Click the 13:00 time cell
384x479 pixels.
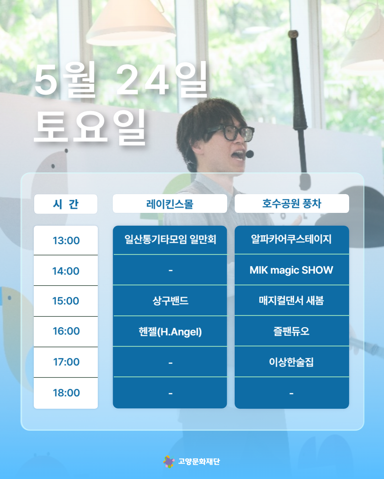pyautogui.click(x=66, y=241)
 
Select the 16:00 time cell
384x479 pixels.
pyautogui.click(x=66, y=331)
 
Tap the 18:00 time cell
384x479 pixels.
pyautogui.click(x=66, y=393)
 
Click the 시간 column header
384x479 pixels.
pyautogui.click(x=65, y=204)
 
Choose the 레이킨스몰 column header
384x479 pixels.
pyautogui.click(x=170, y=203)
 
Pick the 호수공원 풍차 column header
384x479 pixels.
pyautogui.click(x=292, y=203)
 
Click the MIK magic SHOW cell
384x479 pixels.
pyautogui.click(x=292, y=270)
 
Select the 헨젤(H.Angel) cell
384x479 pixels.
pyautogui.click(x=170, y=331)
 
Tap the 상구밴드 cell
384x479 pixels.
pyautogui.click(x=170, y=301)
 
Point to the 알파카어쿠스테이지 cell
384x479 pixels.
pyautogui.click(x=292, y=239)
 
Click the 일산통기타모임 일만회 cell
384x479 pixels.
pyautogui.click(x=170, y=239)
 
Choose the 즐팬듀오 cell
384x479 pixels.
pyautogui.click(x=292, y=331)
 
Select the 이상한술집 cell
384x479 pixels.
pyautogui.click(x=292, y=362)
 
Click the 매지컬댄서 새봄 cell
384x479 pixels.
pyautogui.click(x=292, y=300)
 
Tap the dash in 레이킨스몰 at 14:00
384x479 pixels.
pyautogui.click(x=170, y=270)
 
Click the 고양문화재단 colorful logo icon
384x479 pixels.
pyautogui.click(x=169, y=461)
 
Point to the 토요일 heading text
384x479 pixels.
pyautogui.click(x=90, y=128)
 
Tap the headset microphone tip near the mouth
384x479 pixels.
pyautogui.click(x=250, y=154)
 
